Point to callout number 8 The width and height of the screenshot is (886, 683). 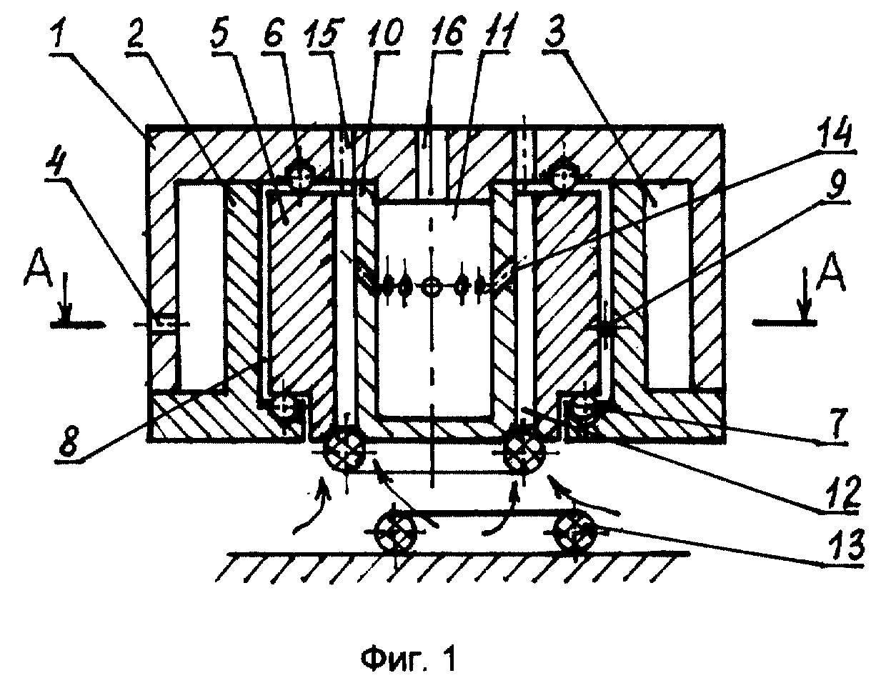[69, 443]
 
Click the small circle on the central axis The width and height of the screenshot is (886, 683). [431, 287]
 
